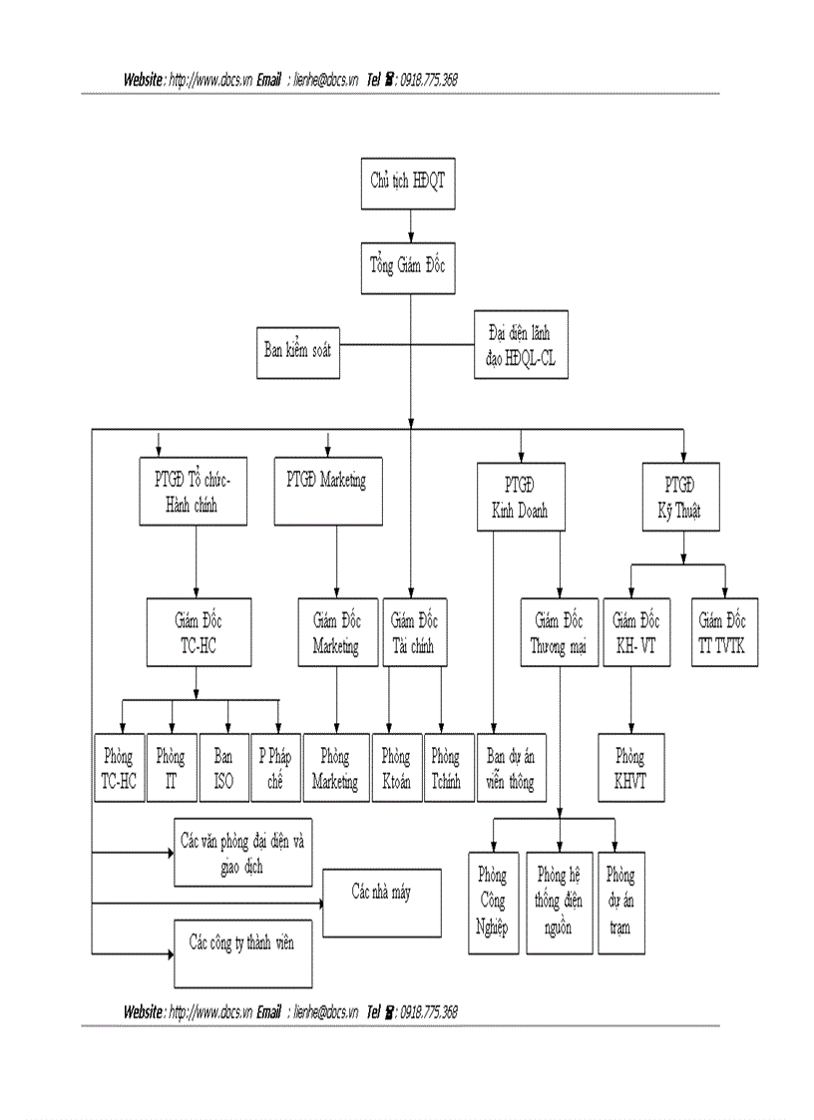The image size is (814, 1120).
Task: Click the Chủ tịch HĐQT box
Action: tap(409, 183)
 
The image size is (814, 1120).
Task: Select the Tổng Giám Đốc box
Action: tap(409, 267)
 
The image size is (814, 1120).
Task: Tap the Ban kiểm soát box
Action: tap(298, 351)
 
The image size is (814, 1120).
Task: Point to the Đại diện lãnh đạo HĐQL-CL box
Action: tap(520, 344)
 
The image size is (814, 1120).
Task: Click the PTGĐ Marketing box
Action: tap(327, 493)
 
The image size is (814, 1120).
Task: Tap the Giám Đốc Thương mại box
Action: tap(559, 632)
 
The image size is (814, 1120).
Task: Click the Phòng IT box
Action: tap(172, 768)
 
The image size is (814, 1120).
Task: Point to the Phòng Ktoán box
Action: tap(396, 768)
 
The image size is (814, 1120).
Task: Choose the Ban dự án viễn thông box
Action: tap(510, 768)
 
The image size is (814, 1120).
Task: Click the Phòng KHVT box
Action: tap(630, 768)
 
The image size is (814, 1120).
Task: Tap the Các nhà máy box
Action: tap(381, 902)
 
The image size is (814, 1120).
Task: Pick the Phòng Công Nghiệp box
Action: tap(494, 902)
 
